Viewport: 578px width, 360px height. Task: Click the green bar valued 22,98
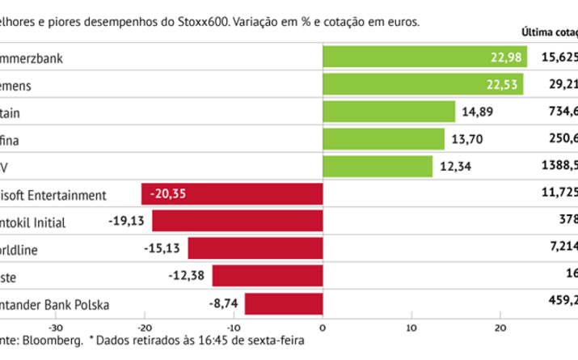click(424, 57)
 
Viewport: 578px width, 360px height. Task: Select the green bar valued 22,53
click(423, 84)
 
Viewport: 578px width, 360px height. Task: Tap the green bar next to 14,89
click(389, 112)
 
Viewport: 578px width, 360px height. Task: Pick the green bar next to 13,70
click(383, 139)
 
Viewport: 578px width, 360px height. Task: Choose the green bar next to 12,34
click(378, 167)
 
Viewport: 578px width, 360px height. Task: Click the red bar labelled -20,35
click(232, 194)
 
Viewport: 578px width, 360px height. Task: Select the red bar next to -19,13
click(238, 222)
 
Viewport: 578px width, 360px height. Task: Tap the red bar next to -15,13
click(255, 249)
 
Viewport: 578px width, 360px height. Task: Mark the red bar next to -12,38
click(268, 277)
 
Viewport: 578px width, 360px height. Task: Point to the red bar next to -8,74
click(284, 304)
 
